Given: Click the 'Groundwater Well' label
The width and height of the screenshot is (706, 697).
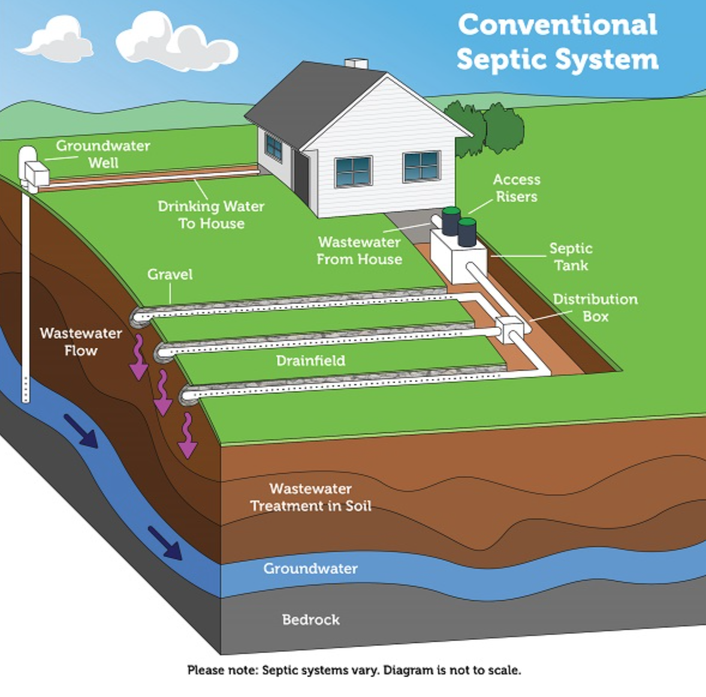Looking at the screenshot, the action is (102, 154).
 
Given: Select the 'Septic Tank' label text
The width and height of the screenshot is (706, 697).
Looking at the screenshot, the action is (571, 256).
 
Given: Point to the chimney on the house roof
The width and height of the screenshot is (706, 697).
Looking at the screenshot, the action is (356, 64).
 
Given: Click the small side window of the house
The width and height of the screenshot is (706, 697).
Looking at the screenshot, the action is (274, 147).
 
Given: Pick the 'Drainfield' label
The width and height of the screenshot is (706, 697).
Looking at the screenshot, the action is (310, 360).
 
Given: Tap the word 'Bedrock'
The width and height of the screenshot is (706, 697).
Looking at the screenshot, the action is (310, 620).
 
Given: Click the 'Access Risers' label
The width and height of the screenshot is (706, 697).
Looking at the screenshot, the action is (517, 188).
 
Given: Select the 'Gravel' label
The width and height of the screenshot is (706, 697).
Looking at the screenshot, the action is (170, 274).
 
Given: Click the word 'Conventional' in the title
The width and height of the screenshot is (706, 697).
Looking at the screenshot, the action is (557, 25).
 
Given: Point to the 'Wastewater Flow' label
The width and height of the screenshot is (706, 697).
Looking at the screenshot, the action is (80, 341).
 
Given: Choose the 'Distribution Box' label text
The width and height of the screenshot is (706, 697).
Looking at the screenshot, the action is (595, 308).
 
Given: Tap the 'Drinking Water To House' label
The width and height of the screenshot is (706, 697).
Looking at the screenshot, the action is (211, 215).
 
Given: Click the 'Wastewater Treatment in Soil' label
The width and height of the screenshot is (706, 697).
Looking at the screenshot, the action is (310, 497).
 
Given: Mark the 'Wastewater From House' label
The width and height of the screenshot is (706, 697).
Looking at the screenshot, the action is (360, 251).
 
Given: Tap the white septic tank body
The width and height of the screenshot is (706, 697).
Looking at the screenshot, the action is (458, 256).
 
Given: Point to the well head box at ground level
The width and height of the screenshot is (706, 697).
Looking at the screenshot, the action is (36, 173).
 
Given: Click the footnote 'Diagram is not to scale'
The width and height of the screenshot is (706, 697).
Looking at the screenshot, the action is (452, 670).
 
